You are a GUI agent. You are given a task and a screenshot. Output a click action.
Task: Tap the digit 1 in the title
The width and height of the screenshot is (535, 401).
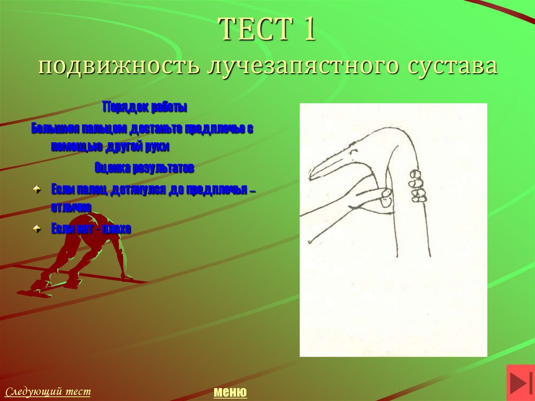[307, 29]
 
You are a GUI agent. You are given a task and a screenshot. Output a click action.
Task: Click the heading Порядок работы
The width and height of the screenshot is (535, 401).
[145, 107]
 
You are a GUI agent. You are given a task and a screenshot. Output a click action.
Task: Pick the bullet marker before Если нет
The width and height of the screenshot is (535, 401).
[37, 228]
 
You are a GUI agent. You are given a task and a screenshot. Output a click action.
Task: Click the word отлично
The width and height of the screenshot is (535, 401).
[71, 207]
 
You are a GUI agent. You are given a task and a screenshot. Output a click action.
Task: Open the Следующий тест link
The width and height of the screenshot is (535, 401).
[48, 391]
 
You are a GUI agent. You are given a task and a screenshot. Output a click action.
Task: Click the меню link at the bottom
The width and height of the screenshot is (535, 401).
[230, 392]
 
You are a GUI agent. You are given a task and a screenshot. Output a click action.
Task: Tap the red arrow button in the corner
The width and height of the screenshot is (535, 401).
[520, 383]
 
